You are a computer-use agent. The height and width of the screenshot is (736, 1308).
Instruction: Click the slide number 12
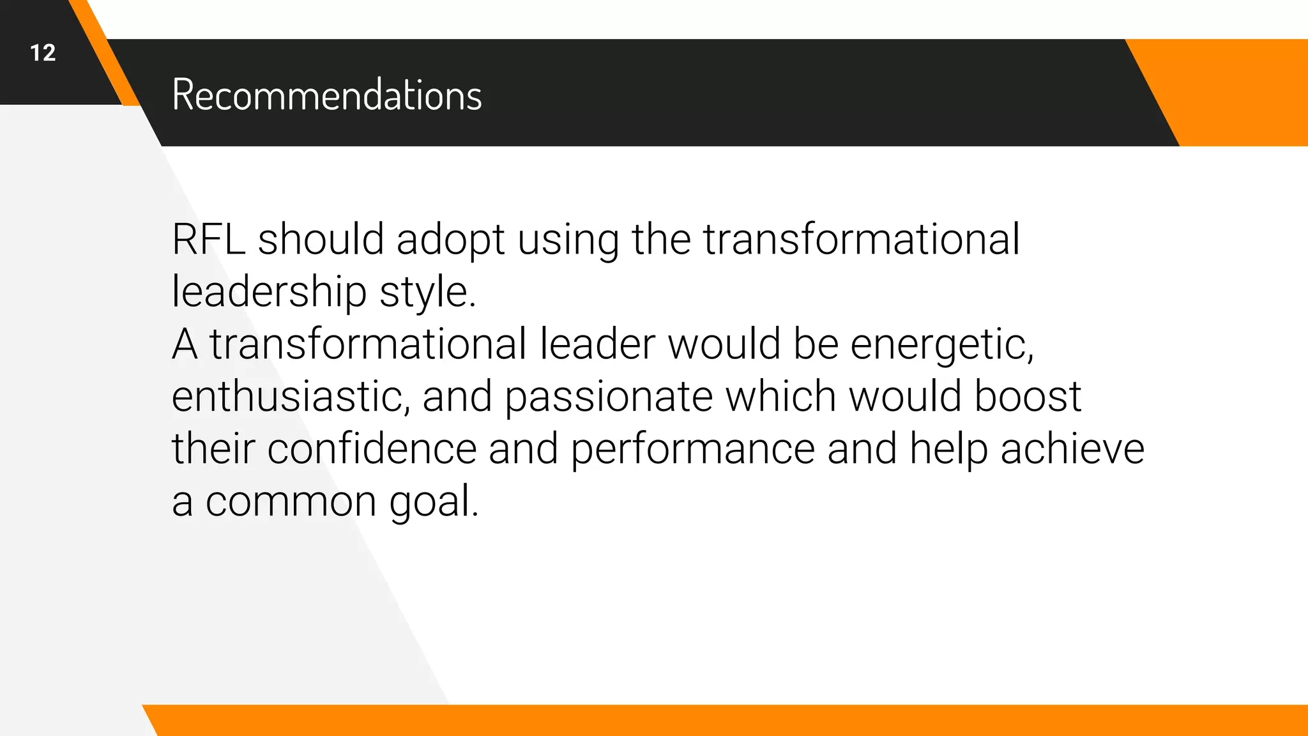(43, 53)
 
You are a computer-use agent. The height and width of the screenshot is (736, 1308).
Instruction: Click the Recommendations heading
(326, 95)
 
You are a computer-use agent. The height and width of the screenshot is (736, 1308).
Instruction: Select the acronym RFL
(208, 240)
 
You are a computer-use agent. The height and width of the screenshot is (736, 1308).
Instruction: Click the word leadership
(269, 293)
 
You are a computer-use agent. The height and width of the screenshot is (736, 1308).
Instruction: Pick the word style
(427, 293)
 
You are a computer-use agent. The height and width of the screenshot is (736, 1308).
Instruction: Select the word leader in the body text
(597, 344)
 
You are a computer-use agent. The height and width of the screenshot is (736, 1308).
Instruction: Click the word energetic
(941, 345)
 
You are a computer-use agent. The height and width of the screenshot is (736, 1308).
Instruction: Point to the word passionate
(608, 397)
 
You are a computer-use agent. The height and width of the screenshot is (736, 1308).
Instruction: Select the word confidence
(372, 448)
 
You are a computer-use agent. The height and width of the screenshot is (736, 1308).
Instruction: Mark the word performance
(692, 450)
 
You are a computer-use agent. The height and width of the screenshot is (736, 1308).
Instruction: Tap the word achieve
(1072, 448)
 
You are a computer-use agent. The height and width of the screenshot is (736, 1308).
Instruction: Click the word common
(291, 502)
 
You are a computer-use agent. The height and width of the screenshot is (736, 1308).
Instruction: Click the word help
(948, 450)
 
